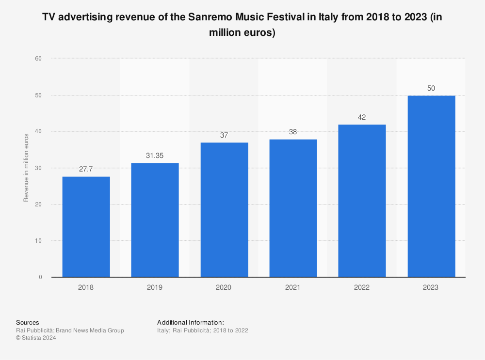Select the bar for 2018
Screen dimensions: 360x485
(x=86, y=227)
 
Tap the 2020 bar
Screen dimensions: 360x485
(x=224, y=210)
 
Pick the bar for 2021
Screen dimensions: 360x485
(x=293, y=208)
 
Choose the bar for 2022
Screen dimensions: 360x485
(x=362, y=201)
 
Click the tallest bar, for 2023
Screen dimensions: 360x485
(x=431, y=187)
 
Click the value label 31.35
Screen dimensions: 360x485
(x=155, y=156)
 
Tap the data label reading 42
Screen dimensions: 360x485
(x=362, y=117)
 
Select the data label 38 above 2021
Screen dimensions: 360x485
(x=293, y=132)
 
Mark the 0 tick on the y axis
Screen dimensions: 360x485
(x=40, y=277)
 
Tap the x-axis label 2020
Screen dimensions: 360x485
(x=224, y=287)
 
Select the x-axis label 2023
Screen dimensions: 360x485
(x=431, y=287)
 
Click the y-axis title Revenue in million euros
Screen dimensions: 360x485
(x=26, y=168)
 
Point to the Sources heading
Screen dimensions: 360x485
(x=28, y=322)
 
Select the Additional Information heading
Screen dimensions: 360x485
(x=190, y=322)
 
